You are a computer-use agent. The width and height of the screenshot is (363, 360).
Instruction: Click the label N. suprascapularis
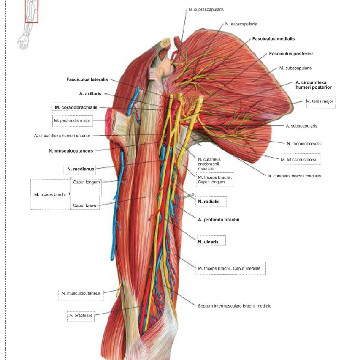coord(206,9)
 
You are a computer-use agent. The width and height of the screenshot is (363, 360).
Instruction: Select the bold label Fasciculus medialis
coord(274,39)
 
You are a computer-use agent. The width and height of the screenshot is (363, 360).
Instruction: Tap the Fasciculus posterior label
coord(291,54)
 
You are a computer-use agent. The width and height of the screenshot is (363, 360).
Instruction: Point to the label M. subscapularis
coord(295,68)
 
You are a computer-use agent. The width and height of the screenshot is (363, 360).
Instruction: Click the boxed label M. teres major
coord(320,101)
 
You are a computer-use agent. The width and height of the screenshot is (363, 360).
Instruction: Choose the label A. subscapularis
coord(301,126)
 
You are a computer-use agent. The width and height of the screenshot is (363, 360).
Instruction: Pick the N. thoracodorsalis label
coord(304,144)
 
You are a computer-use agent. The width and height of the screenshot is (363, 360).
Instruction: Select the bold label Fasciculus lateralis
coord(87,79)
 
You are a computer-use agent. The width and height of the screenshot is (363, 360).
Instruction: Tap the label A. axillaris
coord(90,93)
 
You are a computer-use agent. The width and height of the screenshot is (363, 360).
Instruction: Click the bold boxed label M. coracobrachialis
coord(76,107)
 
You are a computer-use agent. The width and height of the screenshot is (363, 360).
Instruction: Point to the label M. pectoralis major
coord(72,120)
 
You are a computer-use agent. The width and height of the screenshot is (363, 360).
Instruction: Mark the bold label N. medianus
coord(81,169)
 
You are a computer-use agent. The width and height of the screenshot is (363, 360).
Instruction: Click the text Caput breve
coord(84,205)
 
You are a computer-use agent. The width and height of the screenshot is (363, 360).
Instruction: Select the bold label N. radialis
coord(209,202)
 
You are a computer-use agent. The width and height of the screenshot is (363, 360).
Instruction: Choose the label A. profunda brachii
coord(218,220)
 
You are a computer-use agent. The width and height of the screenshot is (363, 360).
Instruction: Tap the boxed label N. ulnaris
coord(208,242)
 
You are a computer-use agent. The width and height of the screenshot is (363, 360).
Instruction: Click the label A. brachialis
coord(81,315)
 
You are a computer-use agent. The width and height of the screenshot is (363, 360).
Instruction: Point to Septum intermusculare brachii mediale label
coord(235,306)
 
